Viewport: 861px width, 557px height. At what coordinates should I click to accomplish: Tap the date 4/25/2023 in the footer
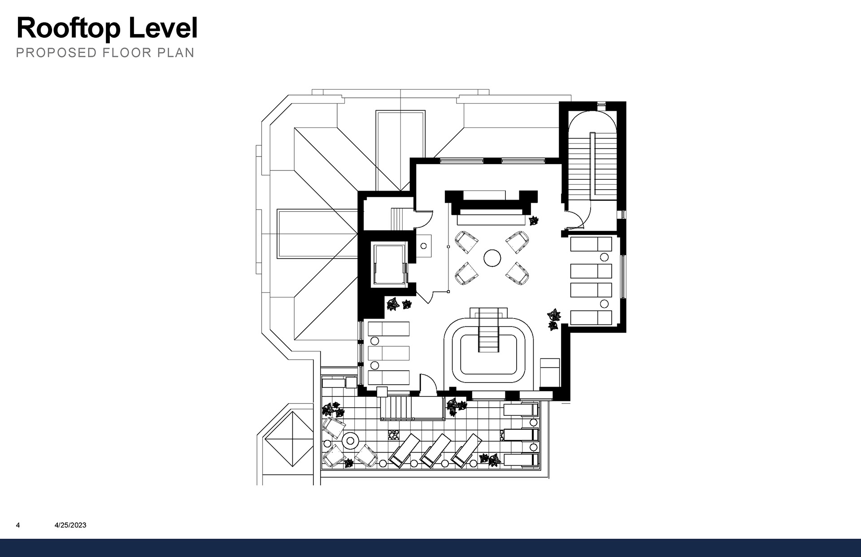pos(70,525)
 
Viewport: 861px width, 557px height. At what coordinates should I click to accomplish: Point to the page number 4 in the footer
pos(18,525)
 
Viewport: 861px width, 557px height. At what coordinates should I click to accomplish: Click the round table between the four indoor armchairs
pos(492,258)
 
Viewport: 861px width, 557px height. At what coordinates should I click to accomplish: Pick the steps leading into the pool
pos(488,330)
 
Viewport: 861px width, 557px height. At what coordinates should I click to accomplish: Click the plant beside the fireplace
pos(533,220)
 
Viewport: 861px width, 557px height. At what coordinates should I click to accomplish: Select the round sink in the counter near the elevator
pos(423,246)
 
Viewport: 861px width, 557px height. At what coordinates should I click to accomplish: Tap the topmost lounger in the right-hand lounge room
pos(591,244)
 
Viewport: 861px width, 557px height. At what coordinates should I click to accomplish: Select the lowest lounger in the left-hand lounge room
pos(388,378)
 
